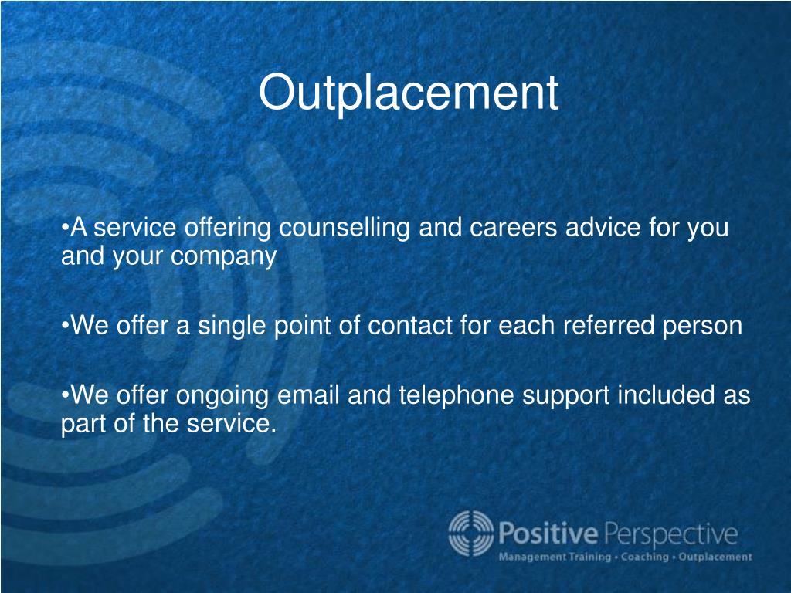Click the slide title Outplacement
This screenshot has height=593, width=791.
pos(408,93)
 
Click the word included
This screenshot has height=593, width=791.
pos(667,395)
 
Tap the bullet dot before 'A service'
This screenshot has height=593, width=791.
pos(65,229)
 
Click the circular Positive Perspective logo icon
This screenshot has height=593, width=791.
pos(470,533)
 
